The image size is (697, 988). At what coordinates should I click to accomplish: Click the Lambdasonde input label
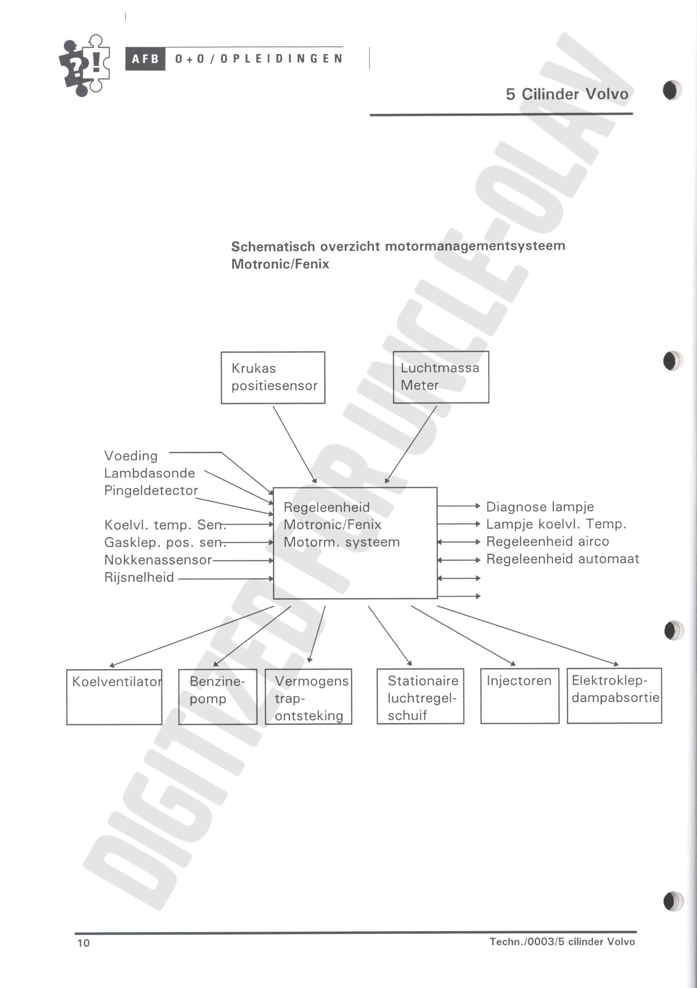point(150,473)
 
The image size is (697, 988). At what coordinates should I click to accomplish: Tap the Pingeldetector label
point(151,491)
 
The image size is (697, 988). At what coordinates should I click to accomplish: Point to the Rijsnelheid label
point(139,578)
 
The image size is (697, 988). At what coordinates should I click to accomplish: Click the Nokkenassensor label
point(158,560)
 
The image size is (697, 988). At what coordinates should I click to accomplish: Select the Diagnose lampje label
point(540,507)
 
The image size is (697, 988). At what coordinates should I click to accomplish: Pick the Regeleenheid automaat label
point(563,559)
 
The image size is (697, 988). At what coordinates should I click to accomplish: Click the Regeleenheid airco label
point(547,542)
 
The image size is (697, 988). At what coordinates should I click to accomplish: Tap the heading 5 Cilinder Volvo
point(567,94)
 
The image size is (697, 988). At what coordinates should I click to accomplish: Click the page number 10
point(84,943)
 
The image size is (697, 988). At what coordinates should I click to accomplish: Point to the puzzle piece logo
point(85,65)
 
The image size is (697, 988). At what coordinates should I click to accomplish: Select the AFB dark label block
point(146,59)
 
